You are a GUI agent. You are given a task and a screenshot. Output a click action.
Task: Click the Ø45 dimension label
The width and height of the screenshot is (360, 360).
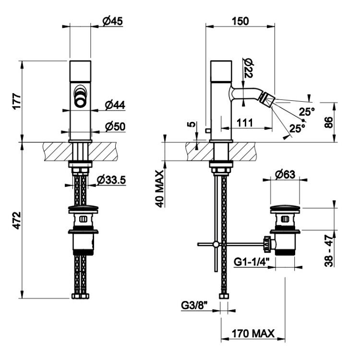coord(112,21)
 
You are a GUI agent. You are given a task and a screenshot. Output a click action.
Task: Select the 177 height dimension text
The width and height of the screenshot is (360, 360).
coord(17,101)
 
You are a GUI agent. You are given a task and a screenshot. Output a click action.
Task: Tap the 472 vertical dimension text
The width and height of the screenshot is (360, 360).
coord(17,220)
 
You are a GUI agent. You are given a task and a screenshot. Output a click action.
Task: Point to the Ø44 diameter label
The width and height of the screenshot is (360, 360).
coord(115,105)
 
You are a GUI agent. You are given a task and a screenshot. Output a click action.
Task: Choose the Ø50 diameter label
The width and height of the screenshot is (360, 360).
coord(115,127)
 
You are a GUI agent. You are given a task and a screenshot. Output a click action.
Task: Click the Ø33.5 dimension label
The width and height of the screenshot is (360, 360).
coord(111,180)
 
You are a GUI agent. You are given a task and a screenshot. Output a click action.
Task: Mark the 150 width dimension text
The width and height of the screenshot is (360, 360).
coord(240,21)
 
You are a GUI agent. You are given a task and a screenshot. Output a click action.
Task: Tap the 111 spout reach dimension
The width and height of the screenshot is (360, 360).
coord(245,123)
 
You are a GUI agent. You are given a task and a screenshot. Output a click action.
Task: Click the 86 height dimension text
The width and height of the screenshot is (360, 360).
coord(328,122)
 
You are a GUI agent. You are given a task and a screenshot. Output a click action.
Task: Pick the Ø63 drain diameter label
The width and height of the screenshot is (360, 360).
coord(285,175)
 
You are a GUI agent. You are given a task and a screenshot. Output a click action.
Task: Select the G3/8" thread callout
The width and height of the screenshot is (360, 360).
coord(194,306)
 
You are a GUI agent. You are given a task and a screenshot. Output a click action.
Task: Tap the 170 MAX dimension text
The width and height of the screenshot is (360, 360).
coord(253,334)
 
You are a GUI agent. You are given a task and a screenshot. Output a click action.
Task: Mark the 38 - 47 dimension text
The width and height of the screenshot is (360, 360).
coord(329,251)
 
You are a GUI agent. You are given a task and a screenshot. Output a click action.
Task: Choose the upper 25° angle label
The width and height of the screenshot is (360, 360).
coord(307,112)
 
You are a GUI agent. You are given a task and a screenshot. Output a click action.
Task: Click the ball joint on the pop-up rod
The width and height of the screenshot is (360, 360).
coord(216,244)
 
